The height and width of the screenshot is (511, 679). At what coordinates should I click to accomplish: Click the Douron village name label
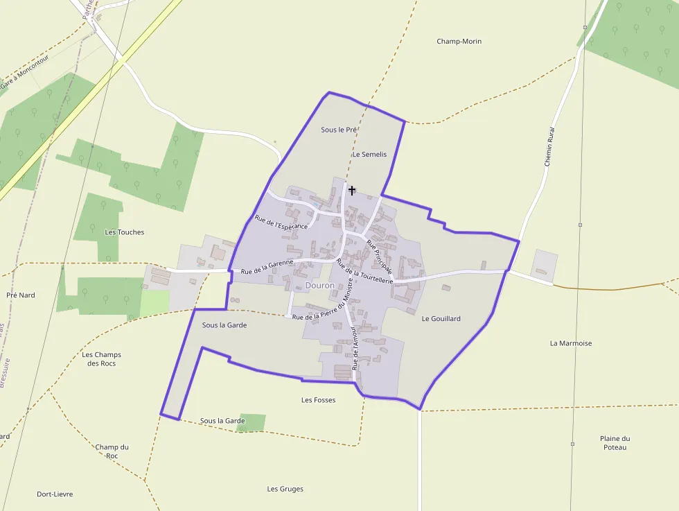[x=319, y=286]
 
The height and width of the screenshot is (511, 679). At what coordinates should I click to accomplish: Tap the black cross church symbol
[x=352, y=190]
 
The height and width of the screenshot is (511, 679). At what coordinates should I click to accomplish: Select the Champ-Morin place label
[x=459, y=42]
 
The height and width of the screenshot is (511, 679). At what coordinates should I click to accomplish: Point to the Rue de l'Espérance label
[x=281, y=222]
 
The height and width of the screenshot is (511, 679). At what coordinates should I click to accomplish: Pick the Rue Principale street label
[x=380, y=256]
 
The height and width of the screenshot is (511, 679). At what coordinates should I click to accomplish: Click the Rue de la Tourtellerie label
[x=364, y=271]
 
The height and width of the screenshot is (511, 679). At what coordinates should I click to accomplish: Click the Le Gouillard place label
[x=441, y=319]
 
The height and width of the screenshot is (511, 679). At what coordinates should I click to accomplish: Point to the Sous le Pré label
[x=339, y=130]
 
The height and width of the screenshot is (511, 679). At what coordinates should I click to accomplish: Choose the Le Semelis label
[x=369, y=155]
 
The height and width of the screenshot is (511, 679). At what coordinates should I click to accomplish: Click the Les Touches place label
[x=125, y=232]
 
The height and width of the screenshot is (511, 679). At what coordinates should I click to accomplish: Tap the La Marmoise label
[x=571, y=343]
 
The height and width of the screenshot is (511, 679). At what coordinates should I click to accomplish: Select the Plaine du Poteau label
[x=615, y=442]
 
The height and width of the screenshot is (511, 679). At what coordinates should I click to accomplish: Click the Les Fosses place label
[x=319, y=400]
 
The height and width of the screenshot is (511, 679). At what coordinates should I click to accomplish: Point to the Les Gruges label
[x=285, y=489]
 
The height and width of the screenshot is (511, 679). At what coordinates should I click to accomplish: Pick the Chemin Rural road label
[x=550, y=146]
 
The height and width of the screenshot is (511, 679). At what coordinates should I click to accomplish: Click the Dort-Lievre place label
[x=55, y=494]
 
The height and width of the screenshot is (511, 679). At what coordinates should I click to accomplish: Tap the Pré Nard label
[x=21, y=295]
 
